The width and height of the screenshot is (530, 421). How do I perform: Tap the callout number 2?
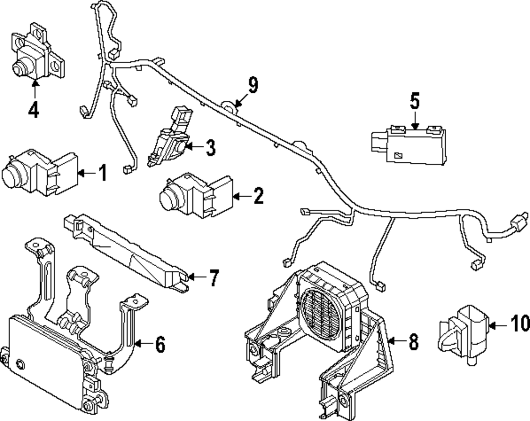[258, 197]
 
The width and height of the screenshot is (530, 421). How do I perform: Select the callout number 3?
[210, 148]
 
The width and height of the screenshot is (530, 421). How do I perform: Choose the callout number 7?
[213, 278]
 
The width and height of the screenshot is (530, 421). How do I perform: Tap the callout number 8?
[413, 342]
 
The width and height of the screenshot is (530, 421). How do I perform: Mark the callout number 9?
[253, 85]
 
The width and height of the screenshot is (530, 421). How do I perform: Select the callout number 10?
[520, 322]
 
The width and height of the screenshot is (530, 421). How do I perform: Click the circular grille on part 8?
[318, 312]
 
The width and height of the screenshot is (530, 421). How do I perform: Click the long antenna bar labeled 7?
[127, 249]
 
